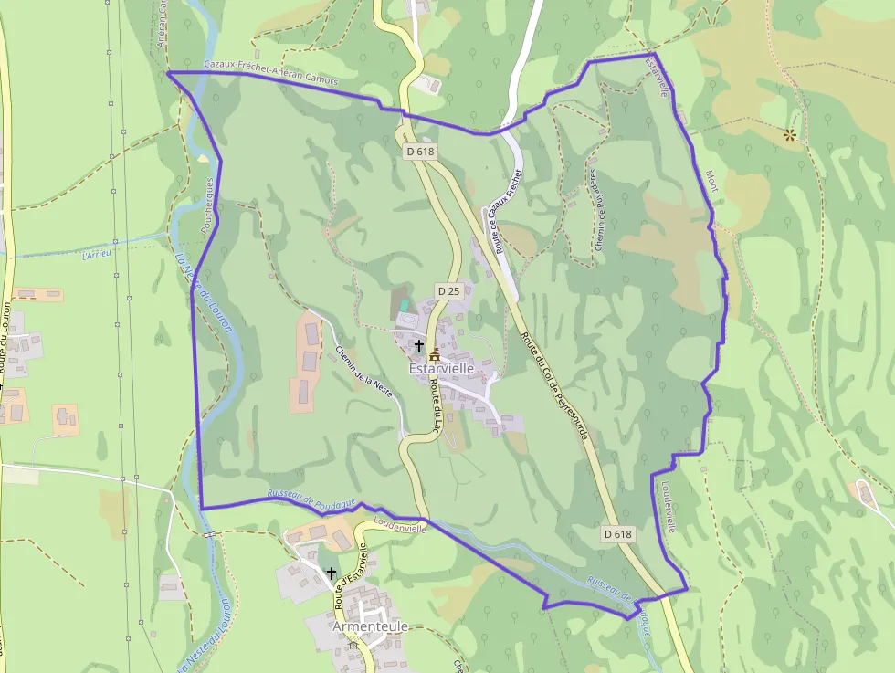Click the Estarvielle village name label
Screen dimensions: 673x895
pyautogui.click(x=442, y=368)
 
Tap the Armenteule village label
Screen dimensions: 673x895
pyautogui.click(x=370, y=626)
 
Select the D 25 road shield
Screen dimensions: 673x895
pyautogui.click(x=447, y=290)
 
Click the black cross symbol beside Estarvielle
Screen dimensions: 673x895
pyautogui.click(x=418, y=346)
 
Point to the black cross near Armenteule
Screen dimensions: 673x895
pyautogui.click(x=331, y=572)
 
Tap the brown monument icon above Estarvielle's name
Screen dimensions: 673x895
pyautogui.click(x=435, y=353)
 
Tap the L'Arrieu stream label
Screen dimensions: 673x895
pyautogui.click(x=96, y=255)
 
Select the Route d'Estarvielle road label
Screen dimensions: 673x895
pyautogui.click(x=351, y=576)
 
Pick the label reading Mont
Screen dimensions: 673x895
pyautogui.click(x=711, y=180)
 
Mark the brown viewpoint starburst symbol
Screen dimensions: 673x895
pyautogui.click(x=789, y=135)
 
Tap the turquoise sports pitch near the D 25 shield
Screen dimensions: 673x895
pyautogui.click(x=405, y=305)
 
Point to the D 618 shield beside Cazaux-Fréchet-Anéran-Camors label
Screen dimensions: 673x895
pyautogui.click(x=419, y=152)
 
